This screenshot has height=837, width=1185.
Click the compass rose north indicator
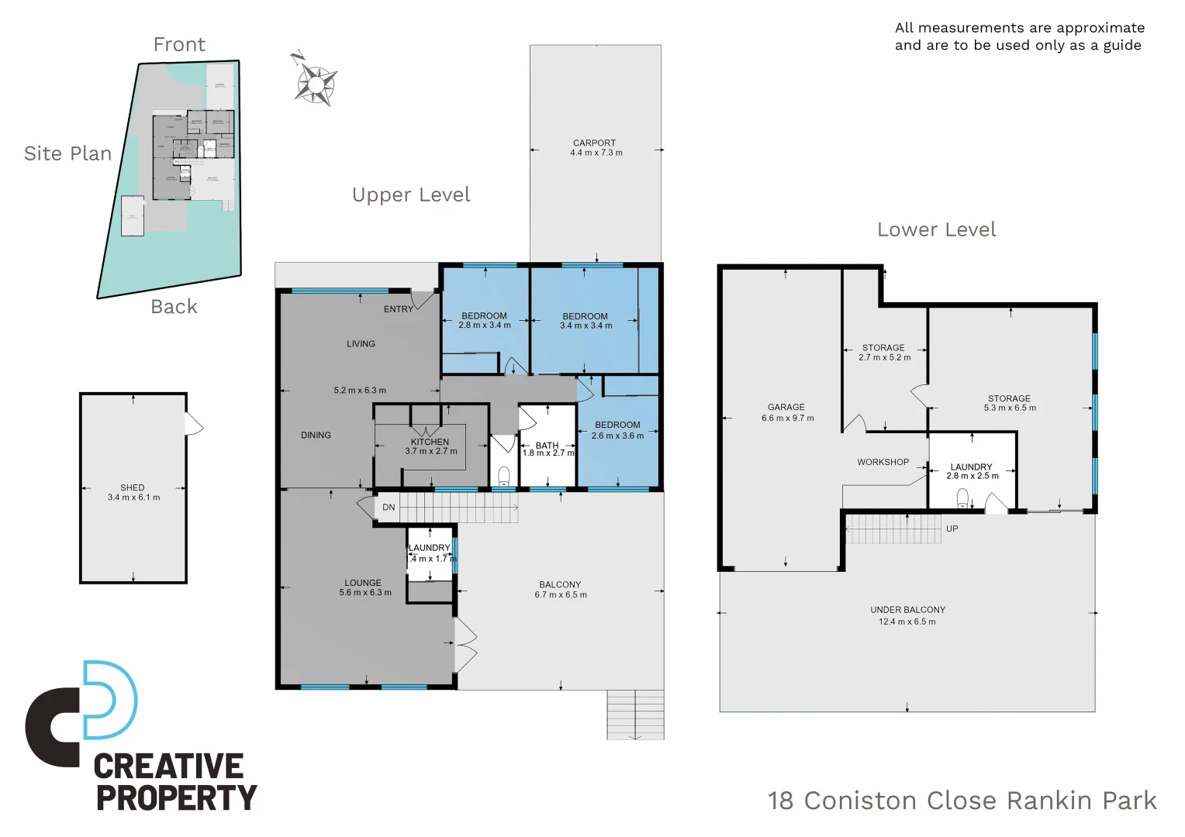pos(314,80)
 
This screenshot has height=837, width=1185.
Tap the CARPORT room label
pos(594,143)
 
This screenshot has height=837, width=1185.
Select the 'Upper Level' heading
pos(411,195)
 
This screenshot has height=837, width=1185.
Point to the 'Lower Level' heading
pos(936,230)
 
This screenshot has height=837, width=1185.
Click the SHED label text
pos(133,487)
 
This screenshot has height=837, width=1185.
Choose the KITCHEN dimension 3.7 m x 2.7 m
pos(431,451)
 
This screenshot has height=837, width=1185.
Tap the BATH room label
pos(547,446)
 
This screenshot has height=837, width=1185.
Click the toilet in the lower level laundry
pos(962,498)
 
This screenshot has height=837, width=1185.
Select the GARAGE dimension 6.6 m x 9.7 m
pos(787,418)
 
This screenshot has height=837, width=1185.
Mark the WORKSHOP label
pos(883,462)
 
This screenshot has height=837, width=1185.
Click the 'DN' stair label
pos(389,508)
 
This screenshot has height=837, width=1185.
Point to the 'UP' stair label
pos(952,529)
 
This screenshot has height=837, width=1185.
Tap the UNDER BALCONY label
pos(907,610)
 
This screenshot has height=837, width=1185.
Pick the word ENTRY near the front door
pos(399,309)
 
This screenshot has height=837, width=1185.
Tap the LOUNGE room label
pos(363,583)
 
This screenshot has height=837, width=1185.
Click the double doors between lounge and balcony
pos(465,645)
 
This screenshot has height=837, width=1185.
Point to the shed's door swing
pos(194,424)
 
